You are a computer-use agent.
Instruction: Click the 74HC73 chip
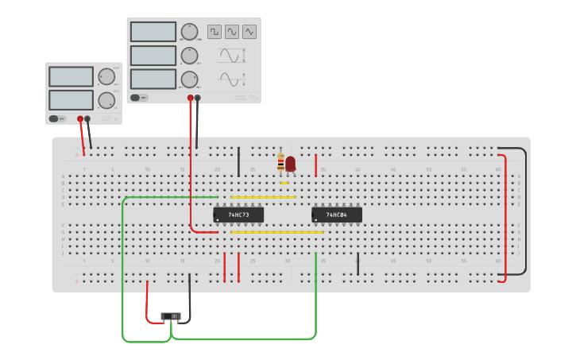pos(238,215)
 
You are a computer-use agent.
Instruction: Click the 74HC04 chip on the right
pos(337,215)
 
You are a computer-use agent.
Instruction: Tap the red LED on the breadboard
pos(291,163)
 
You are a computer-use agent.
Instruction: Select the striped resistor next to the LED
pos(280,163)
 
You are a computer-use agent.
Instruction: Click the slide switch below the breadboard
pos(171,316)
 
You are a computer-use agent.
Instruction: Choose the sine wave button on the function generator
pos(232,32)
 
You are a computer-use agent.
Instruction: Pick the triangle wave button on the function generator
pos(249,32)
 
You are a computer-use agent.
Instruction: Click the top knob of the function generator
pos(189,32)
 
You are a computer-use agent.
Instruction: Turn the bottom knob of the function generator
pos(189,79)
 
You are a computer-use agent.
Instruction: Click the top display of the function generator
pos(153,32)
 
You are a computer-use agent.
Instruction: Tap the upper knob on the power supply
pos(106,76)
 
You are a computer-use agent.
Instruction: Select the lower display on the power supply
pos(72,100)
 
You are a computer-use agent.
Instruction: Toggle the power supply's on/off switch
pos(54,118)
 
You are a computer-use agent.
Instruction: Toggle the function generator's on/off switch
pos(135,98)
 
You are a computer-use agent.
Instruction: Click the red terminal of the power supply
pos(79,118)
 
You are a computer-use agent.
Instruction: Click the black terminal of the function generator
pos(198,98)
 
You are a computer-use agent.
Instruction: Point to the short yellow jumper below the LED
pos(284,184)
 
